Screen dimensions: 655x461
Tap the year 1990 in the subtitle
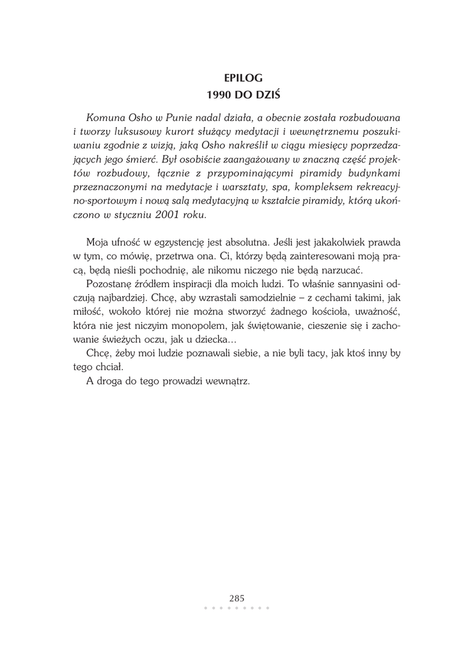click(220, 95)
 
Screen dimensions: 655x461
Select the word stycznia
click(128, 215)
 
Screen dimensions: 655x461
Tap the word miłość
click(86, 312)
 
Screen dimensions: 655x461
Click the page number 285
click(237, 598)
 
